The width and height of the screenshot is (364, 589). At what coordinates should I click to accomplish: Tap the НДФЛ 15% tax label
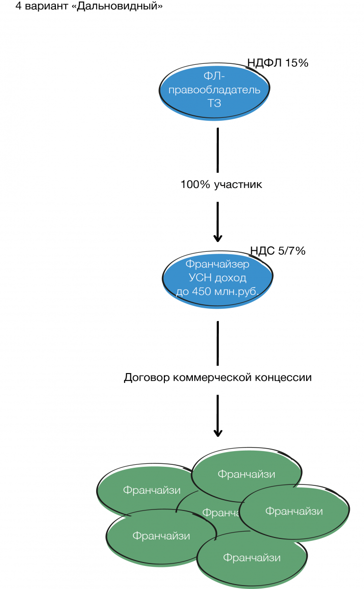pyautogui.click(x=278, y=62)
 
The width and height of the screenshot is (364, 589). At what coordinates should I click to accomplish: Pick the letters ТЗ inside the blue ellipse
pyautogui.click(x=214, y=103)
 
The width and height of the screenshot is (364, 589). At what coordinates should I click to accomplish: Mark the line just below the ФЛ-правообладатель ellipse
pyautogui.click(x=217, y=150)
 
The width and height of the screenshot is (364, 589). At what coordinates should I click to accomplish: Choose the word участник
pyautogui.click(x=238, y=185)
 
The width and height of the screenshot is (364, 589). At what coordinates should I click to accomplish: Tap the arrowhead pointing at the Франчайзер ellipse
pyautogui.click(x=218, y=238)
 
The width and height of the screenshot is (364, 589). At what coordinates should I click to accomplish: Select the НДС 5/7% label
pyautogui.click(x=278, y=251)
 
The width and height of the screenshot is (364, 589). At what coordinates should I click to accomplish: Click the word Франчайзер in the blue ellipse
pyautogui.click(x=217, y=265)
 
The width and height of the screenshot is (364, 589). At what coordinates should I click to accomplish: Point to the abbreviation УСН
pyautogui.click(x=198, y=278)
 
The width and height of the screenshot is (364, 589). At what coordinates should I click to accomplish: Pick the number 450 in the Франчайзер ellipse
pyautogui.click(x=199, y=291)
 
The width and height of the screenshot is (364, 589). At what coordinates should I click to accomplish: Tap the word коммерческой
pyautogui.click(x=210, y=378)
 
